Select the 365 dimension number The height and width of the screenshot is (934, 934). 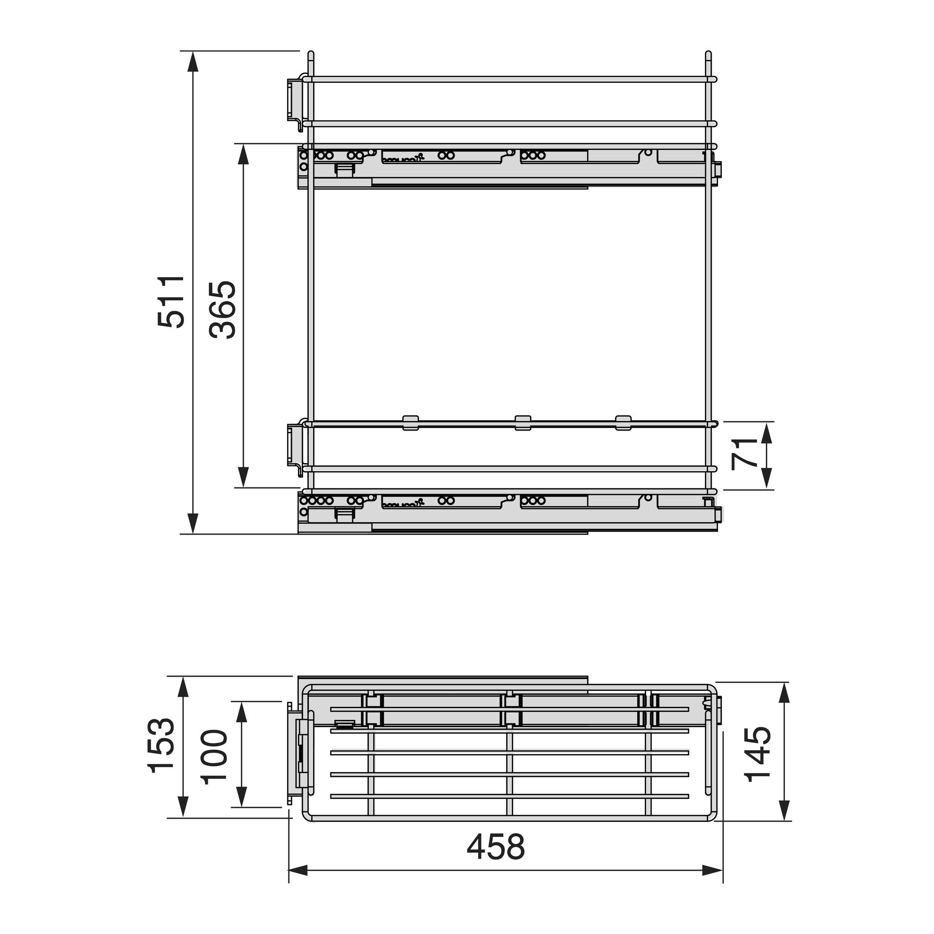click(222, 309)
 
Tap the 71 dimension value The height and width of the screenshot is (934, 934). click(744, 453)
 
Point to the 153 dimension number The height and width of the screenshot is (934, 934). click(162, 747)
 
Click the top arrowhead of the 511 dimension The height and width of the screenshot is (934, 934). click(193, 61)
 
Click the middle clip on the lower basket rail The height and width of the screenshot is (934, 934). click(523, 422)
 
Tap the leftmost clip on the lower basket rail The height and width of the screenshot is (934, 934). click(411, 422)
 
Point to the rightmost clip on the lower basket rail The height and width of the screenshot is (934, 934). click(623, 422)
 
